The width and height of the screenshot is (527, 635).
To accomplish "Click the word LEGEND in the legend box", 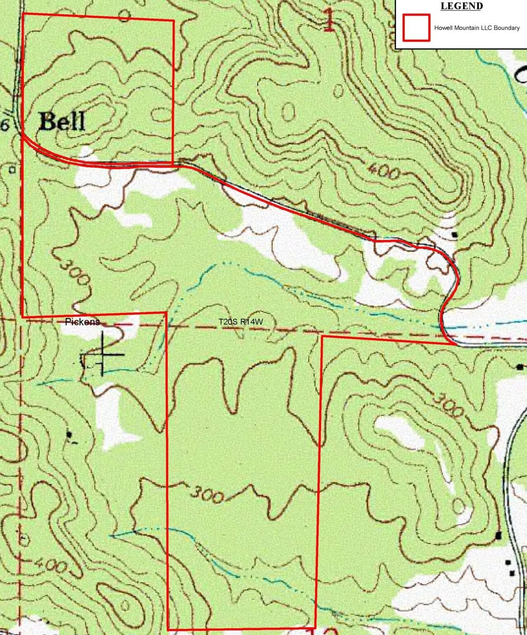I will point(461,6).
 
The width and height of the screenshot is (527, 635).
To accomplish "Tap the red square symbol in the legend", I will point(416,28).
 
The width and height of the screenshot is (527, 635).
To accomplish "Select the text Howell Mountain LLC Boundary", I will point(477,28).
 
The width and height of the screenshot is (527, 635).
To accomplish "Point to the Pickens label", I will point(82,322).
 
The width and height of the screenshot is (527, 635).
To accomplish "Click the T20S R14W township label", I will point(241,321).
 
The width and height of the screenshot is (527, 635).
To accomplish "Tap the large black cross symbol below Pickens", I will point(103,354).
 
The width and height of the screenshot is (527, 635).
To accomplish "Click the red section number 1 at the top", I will point(329,21).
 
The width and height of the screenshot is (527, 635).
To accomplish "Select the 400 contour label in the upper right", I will point(383,171).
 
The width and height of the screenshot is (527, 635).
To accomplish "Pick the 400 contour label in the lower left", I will point(49,564).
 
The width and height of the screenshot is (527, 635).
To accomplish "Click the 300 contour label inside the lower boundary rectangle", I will point(207,495).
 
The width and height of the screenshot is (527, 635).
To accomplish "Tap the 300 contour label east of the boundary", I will point(448,405).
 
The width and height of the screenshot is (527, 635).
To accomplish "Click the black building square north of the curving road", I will point(455,234).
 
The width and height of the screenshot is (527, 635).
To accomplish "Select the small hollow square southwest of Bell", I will point(12,169).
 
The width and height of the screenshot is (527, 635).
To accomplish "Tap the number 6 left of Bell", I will point(5,125).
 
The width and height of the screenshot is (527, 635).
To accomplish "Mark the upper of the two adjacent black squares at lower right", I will point(508,563).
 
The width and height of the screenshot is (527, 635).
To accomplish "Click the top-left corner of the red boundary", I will point(22,14).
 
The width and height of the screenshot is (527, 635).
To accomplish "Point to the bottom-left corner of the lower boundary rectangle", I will point(168,630).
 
